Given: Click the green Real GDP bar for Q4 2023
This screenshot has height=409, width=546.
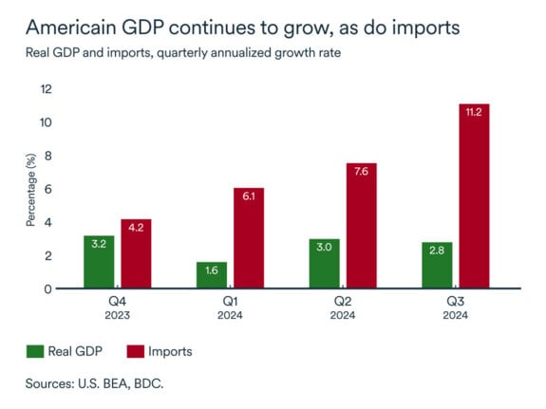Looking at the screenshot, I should [99, 262].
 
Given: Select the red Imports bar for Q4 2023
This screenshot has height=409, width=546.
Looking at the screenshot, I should [136, 253].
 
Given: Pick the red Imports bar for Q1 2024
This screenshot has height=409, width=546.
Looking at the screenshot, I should [249, 238].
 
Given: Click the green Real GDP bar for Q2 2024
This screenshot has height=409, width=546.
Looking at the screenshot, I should [325, 264].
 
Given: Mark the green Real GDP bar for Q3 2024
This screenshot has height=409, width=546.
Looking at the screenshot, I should [437, 266].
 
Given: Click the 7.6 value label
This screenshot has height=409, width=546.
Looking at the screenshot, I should [362, 174].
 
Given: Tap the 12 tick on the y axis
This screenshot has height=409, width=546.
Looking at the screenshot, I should [46, 89].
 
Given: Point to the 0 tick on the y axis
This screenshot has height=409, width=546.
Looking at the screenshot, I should [48, 288].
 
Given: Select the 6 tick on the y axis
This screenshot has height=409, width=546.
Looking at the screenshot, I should [48, 189].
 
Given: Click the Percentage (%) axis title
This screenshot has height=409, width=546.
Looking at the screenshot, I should [29, 189].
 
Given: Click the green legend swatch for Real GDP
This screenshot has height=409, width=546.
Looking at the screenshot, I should [36, 352].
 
